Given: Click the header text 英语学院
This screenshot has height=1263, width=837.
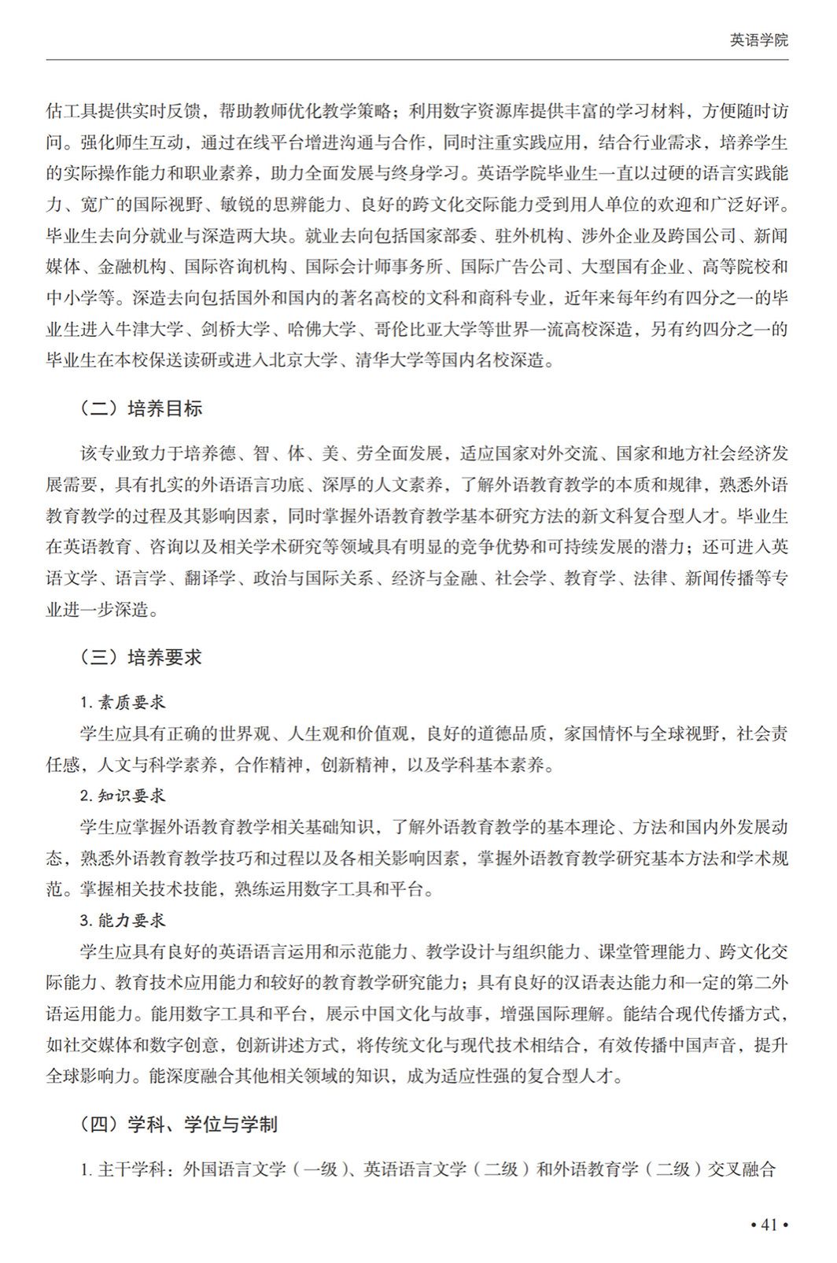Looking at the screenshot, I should point(758,40).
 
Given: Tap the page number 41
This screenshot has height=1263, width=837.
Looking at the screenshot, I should point(769,1224).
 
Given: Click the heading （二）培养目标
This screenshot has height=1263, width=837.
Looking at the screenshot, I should point(141,408).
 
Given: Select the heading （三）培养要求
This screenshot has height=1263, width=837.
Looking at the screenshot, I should point(141,657).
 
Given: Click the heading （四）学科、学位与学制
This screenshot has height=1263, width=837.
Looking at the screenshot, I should point(179,1125).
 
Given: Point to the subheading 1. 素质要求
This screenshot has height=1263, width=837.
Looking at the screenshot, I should point(123,702).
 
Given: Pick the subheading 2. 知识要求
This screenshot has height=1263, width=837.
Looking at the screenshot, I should point(123,796).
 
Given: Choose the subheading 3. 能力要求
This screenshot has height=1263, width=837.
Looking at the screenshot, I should point(123,920).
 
